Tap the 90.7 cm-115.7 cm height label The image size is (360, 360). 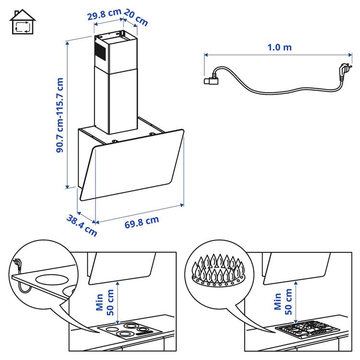[60, 115]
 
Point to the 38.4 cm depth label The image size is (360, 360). [82, 225]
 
